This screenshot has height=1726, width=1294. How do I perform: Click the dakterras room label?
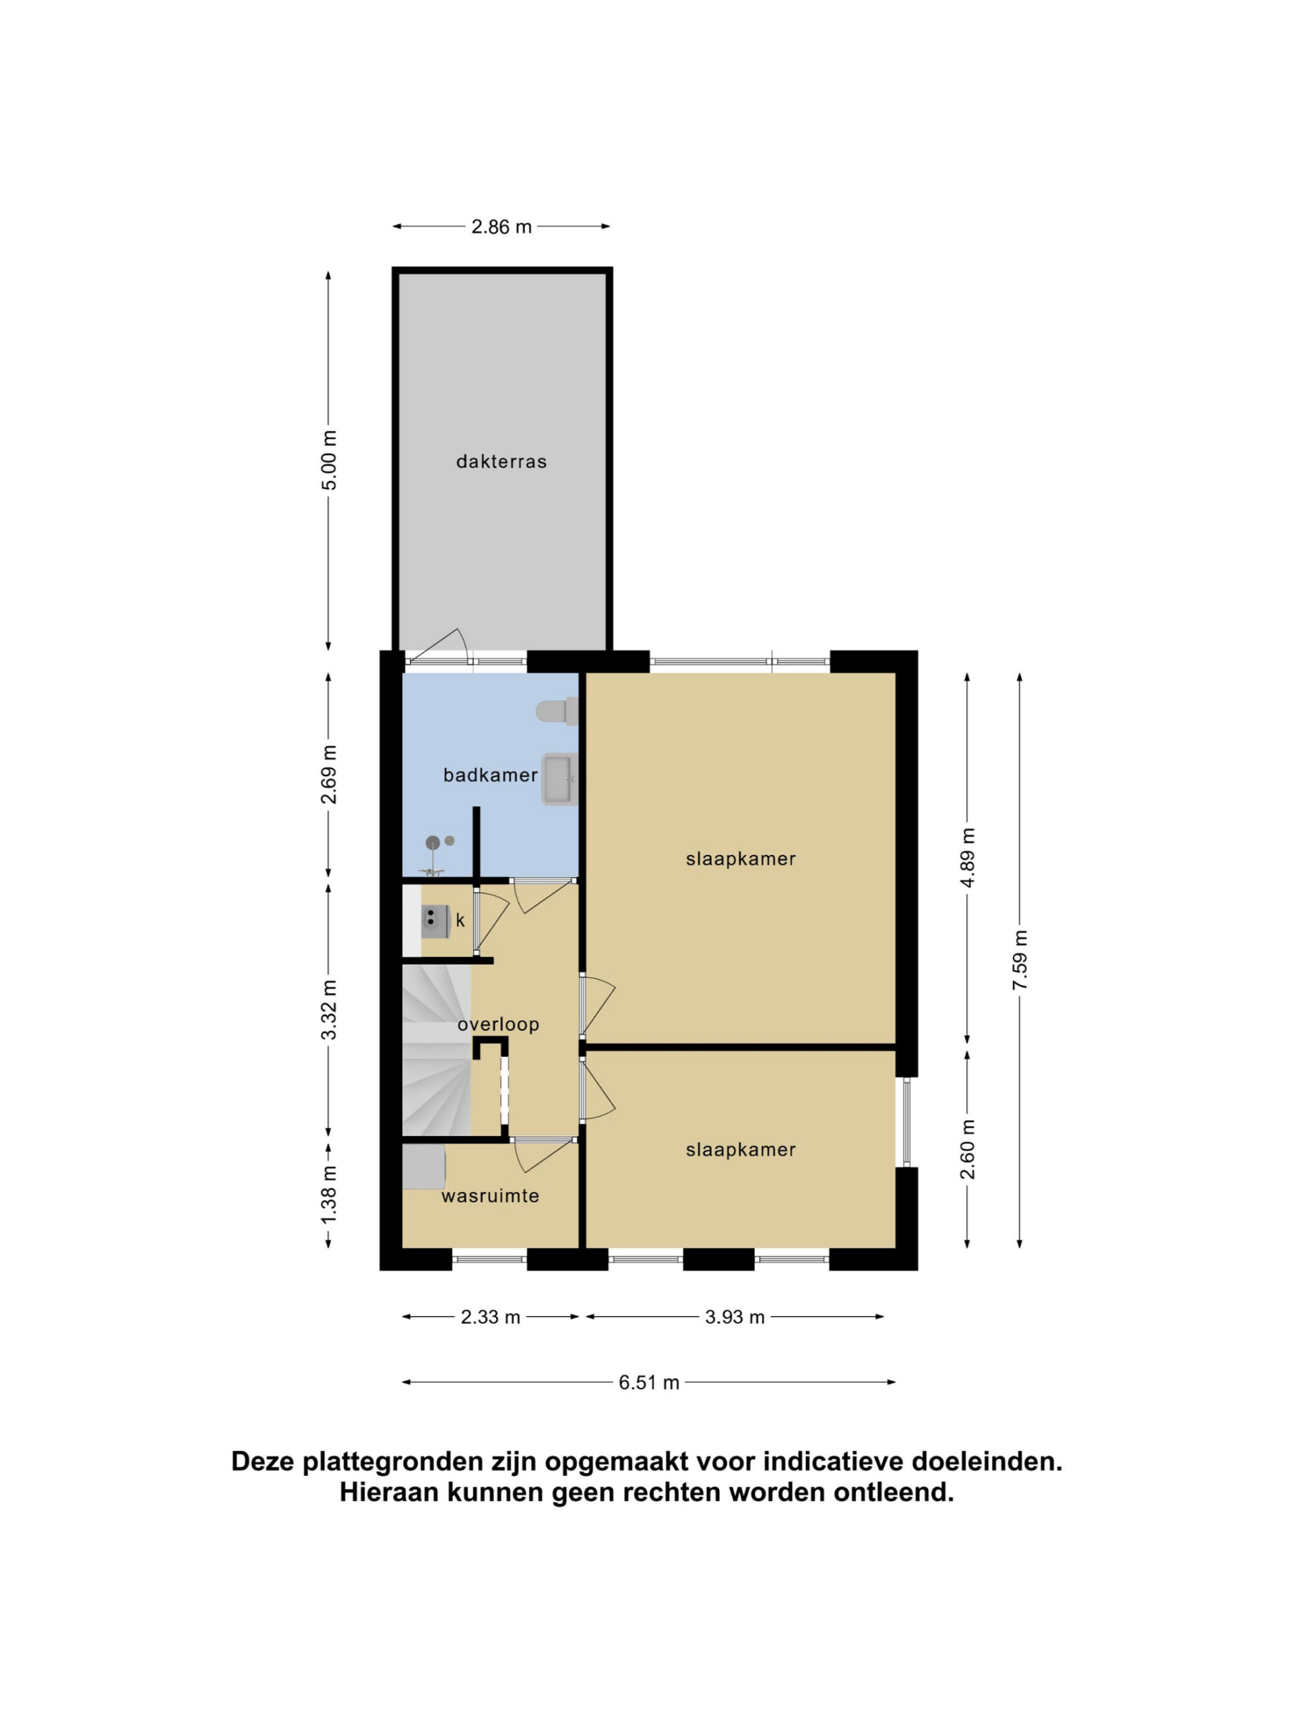[x=501, y=462]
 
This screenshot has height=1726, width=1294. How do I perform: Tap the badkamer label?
[x=491, y=775]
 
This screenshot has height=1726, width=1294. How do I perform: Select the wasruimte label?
[x=491, y=1196]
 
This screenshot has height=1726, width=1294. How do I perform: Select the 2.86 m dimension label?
[x=501, y=227]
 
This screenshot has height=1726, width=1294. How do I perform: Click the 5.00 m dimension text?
[x=331, y=460]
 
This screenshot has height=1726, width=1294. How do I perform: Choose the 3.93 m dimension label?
[x=735, y=1318]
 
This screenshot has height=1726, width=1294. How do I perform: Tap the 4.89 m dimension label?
[x=968, y=858]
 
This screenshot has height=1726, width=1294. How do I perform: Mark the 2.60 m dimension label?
[x=968, y=1150]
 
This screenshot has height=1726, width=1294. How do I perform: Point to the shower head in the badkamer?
[x=433, y=843]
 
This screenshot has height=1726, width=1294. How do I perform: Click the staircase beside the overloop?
[x=437, y=1050]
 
